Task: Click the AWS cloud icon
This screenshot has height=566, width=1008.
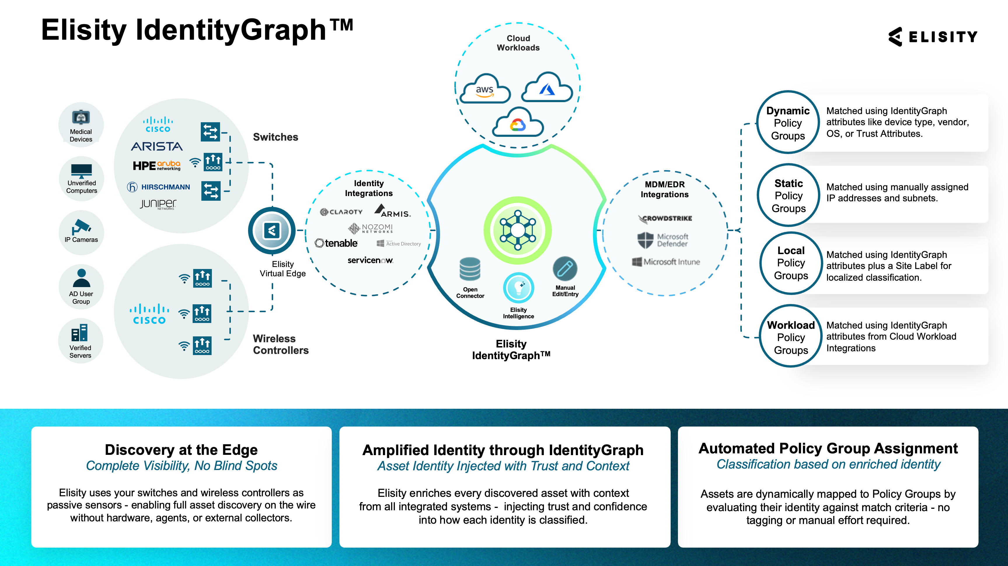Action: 484,88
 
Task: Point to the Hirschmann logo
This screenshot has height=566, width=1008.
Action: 158,187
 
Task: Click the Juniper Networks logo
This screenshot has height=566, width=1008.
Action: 158,204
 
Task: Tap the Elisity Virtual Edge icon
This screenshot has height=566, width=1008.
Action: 272,231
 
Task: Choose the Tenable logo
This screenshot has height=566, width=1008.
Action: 336,243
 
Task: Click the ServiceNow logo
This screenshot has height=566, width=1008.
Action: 370,260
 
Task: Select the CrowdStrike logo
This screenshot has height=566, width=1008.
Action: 665,218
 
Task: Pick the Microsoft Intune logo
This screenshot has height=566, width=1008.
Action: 666,262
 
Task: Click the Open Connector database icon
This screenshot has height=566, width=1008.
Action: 470,269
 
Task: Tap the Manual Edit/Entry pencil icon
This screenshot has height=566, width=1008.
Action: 565,269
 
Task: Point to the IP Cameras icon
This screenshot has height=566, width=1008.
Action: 81,227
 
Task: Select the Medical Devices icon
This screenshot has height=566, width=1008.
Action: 81,117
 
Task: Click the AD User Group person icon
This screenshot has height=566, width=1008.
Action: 81,278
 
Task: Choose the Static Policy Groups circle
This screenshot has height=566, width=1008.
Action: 789,195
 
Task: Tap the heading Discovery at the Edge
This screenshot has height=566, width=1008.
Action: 181,450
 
